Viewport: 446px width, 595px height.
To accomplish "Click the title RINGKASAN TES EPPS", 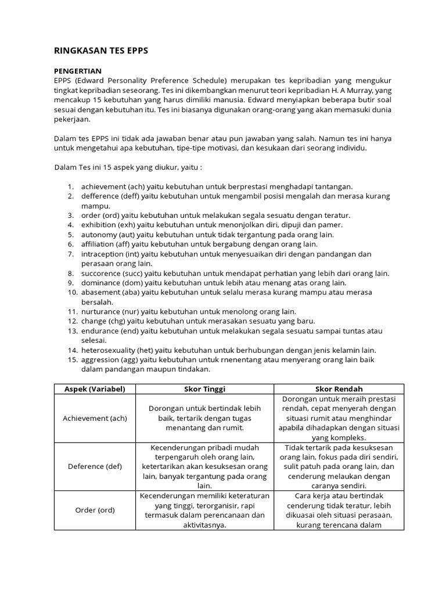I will (x=101, y=51).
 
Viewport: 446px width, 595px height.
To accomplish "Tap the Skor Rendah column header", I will (x=339, y=389).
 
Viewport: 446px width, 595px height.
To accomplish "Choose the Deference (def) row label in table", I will (x=94, y=466).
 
